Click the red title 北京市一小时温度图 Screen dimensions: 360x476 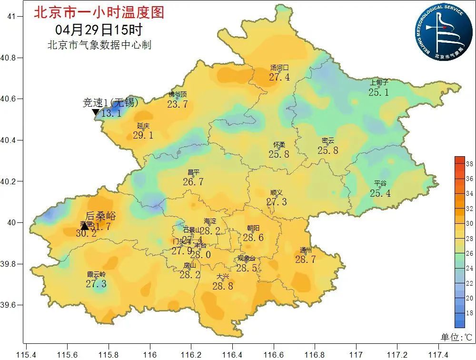pos(99,12)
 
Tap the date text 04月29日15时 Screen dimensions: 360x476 pos(99,30)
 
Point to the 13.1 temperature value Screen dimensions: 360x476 pos(111,113)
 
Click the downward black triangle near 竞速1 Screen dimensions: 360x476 pos(95,112)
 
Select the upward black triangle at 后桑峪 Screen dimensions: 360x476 pos(85,226)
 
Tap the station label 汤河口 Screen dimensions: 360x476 pos(279,68)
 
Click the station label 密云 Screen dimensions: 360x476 pos(328,140)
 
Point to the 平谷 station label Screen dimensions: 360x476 pos(380,183)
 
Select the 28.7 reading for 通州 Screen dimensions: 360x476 pos(305,260)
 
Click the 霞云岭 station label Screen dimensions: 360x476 pos(96,274)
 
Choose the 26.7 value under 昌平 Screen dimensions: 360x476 pos(193,182)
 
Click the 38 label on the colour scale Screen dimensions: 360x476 pos(469,164)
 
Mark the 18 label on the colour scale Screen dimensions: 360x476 pos(469,313)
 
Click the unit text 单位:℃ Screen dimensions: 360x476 pos(456,337)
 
